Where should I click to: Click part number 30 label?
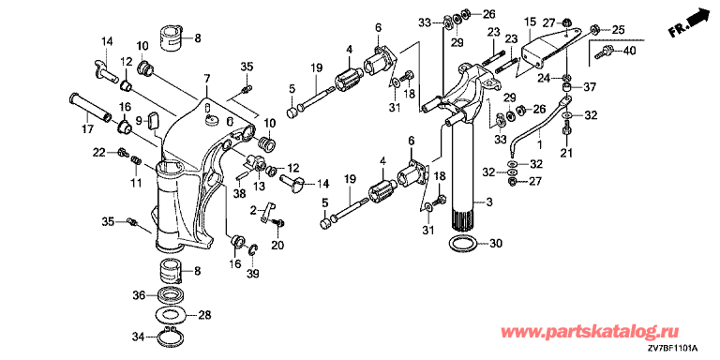pos(492,245)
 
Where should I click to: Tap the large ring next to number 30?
pos(463,244)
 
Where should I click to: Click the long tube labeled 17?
pos(90,107)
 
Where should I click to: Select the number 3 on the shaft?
pos(489,202)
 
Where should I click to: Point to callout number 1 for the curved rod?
pos(540,143)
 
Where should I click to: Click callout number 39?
pos(252,274)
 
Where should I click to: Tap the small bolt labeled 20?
pos(277,222)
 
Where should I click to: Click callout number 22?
pos(99,152)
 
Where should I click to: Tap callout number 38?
pos(238,194)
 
